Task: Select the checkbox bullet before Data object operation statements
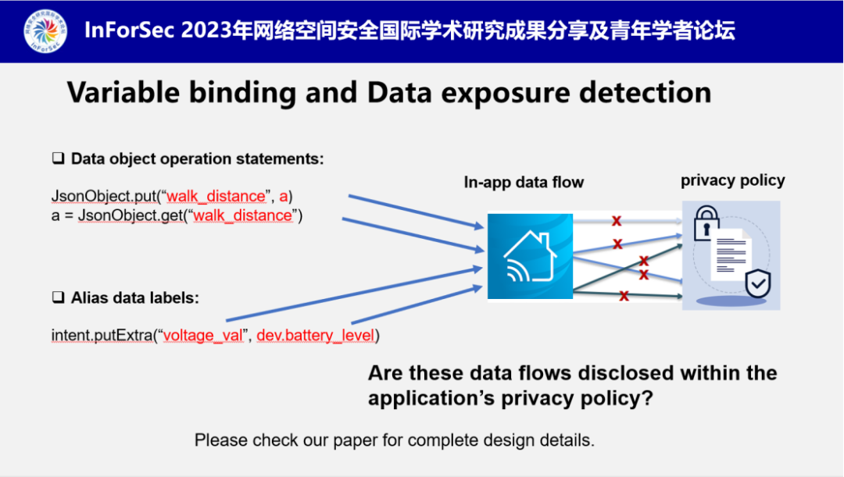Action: tap(58, 159)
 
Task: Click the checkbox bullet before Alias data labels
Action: tap(58, 298)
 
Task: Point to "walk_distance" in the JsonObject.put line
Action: tap(216, 195)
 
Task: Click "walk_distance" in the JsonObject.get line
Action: tap(242, 215)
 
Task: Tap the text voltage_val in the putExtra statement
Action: tap(204, 336)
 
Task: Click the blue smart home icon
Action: tap(530, 255)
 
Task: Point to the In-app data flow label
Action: tap(524, 183)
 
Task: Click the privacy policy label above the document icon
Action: tap(732, 180)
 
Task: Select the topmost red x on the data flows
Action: tap(616, 221)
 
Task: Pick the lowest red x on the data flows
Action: tap(624, 295)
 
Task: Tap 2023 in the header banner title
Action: tap(210, 31)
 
